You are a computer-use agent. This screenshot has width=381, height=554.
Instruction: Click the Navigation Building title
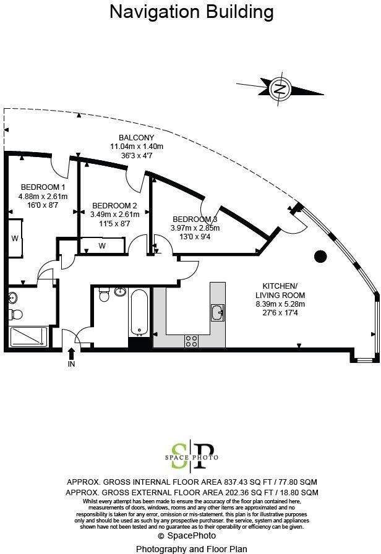click(x=191, y=11)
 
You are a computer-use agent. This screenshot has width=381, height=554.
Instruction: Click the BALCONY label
click(x=137, y=137)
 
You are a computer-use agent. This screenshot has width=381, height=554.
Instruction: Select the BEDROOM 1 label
click(x=43, y=187)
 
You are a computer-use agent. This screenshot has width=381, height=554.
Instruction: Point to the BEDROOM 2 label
click(x=114, y=206)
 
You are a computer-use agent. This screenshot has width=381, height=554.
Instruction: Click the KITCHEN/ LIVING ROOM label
click(x=280, y=290)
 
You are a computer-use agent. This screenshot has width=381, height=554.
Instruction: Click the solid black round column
click(x=320, y=256)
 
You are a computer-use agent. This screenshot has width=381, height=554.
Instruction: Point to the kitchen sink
click(x=217, y=313)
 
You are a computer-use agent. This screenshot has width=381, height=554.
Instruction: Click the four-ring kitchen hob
click(x=192, y=339)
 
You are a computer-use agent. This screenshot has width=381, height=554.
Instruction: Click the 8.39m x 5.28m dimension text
click(x=280, y=304)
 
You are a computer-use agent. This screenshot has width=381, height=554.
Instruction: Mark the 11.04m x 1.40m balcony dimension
click(x=137, y=147)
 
